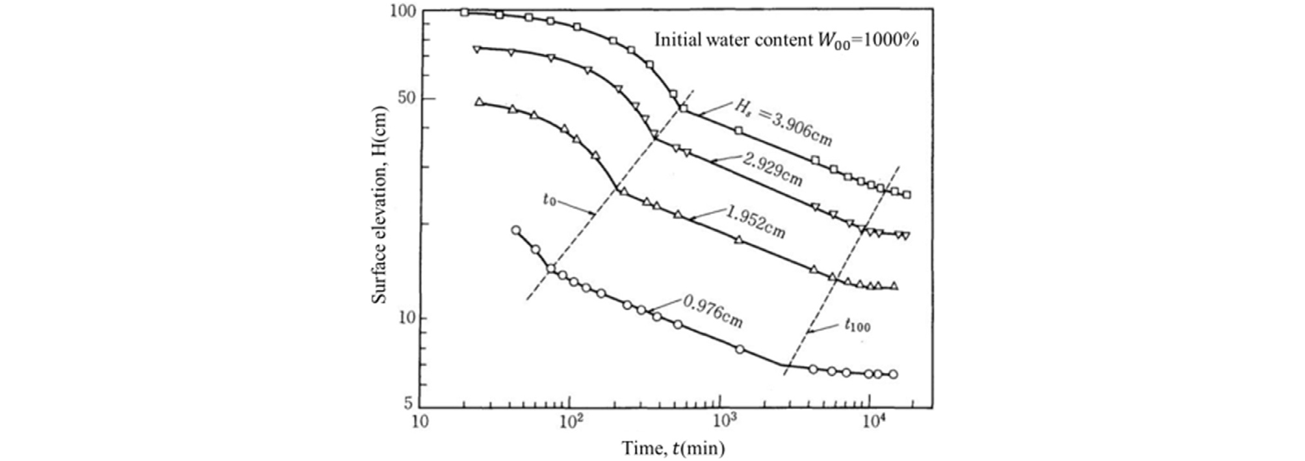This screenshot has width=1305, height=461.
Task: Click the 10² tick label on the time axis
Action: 569,422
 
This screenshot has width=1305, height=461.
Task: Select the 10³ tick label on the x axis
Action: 720,422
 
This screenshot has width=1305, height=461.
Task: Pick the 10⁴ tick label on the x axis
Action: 871,422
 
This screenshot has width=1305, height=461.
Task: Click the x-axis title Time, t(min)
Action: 673,448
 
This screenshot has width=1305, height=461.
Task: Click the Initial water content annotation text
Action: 786,40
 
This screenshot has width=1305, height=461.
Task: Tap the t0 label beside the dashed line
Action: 549,200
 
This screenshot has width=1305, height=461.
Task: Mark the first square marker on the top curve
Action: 464,12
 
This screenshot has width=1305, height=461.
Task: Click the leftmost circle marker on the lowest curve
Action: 516,230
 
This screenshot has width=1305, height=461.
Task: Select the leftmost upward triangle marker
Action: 479,102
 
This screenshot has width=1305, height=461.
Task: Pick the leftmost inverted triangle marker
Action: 476,49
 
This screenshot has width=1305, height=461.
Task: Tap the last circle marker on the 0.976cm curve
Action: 894,375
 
